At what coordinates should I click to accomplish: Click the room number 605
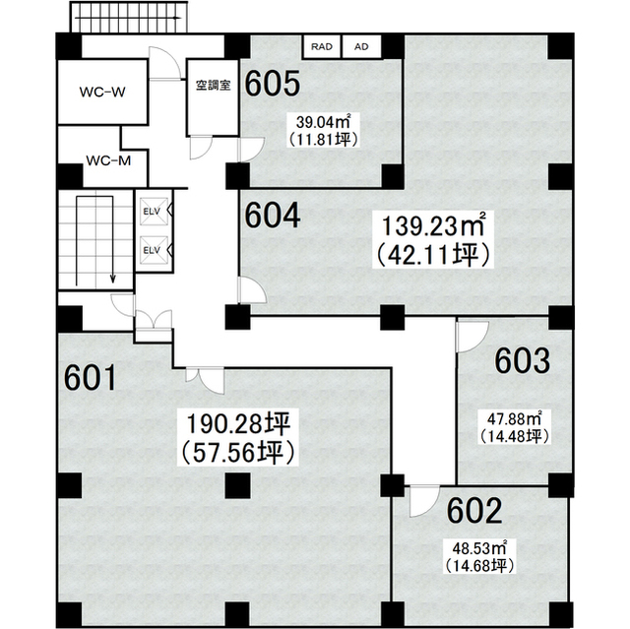273,84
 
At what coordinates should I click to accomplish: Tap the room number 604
273,216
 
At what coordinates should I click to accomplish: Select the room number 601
91,377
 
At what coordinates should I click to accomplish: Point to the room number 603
522,360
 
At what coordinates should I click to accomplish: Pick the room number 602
474,510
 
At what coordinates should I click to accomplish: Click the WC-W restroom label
102,92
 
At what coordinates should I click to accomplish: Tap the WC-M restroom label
108,160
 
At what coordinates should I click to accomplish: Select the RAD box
322,47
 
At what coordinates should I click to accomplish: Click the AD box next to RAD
361,47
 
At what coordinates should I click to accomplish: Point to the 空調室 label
213,85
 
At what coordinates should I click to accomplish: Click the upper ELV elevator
154,211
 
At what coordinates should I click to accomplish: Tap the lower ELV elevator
154,250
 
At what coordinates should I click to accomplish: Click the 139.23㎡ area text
433,225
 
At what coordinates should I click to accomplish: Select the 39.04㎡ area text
323,120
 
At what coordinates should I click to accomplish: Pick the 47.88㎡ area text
514,419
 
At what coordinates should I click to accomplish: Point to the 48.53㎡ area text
479,548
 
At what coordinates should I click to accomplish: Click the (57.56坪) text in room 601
238,452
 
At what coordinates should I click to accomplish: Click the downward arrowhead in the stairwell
113,279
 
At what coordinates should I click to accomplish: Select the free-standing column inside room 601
238,485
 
